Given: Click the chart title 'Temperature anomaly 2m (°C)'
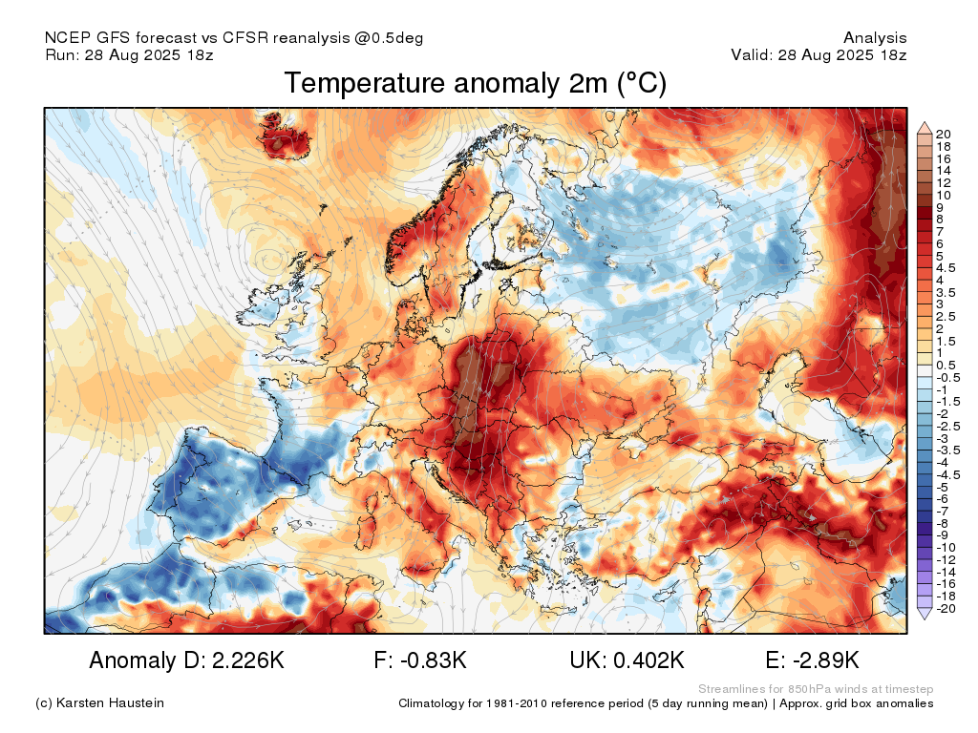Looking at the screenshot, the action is (x=476, y=84).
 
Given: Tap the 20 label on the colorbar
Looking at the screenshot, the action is (x=943, y=134).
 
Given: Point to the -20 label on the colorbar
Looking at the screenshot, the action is (x=946, y=609).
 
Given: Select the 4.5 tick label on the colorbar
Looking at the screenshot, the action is (x=946, y=268).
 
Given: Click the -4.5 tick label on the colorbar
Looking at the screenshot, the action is (x=948, y=475).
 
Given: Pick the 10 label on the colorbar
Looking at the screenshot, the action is (x=943, y=195).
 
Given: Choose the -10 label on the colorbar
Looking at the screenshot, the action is (x=946, y=548).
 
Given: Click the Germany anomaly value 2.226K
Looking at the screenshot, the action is (x=248, y=660).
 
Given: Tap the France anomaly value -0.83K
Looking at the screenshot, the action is (x=431, y=660).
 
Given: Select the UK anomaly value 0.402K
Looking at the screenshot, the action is (x=648, y=660).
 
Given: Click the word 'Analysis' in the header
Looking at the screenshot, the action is (x=875, y=38).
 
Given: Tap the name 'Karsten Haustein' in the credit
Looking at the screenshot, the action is (x=110, y=703).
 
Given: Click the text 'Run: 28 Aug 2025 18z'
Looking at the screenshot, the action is (x=129, y=54).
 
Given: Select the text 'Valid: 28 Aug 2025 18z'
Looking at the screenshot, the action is (x=819, y=54).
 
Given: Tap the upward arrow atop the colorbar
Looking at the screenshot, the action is (x=925, y=129).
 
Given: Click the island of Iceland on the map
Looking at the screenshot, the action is (x=286, y=136).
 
